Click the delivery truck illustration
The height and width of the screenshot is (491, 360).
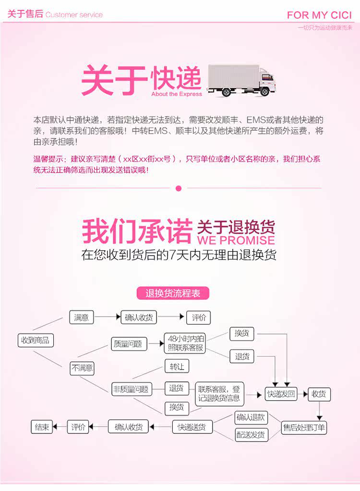pyautogui.click(x=240, y=81)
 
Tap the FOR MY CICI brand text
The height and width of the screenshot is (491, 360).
pyautogui.click(x=319, y=15)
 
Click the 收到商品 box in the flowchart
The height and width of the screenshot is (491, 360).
pyautogui.click(x=36, y=341)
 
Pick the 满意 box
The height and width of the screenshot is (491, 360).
pyautogui.click(x=81, y=318)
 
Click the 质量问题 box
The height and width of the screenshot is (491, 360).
pyautogui.click(x=128, y=344)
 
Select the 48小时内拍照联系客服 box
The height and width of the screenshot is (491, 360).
pyautogui.click(x=185, y=344)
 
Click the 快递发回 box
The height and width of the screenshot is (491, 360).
pyautogui.click(x=281, y=394)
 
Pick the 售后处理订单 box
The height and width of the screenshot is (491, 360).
pyautogui.click(x=304, y=428)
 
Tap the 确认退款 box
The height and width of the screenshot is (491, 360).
pyautogui.click(x=251, y=417)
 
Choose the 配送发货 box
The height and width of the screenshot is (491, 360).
pyautogui.click(x=251, y=435)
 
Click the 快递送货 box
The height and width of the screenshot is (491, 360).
pyautogui.click(x=192, y=427)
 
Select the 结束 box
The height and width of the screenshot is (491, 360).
pyautogui.click(x=42, y=427)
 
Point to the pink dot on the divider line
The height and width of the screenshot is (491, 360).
pyautogui.click(x=179, y=188)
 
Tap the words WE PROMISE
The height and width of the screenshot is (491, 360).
pyautogui.click(x=236, y=240)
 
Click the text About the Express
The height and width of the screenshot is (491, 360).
pyautogui.click(x=177, y=94)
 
